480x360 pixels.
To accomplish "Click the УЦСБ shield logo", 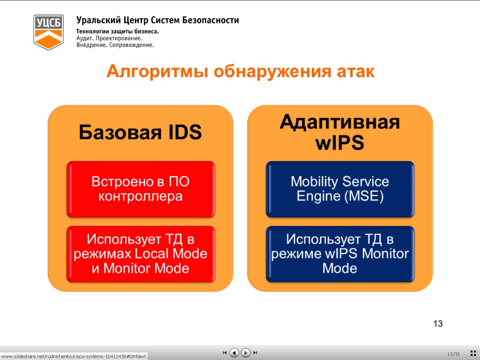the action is point(48,32).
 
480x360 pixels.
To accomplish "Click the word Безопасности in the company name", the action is point(211,20).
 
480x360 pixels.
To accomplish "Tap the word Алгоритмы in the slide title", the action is point(157,71).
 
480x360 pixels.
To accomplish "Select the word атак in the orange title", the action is point(355,72).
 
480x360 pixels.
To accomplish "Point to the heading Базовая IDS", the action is point(140,132).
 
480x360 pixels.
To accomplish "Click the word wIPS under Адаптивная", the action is point(340,142).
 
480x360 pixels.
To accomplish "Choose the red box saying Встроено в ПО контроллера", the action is point(141,189).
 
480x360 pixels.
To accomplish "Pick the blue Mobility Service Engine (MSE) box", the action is point(340,189).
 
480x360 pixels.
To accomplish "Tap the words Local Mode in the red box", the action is point(171,253).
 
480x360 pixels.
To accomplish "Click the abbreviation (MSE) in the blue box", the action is point(364,196).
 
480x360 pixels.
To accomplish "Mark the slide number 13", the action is point(438,324).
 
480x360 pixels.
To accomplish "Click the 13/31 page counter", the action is point(453,354).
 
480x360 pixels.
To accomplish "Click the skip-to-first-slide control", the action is point(225,352).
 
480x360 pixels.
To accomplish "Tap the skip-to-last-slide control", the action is point(255,352).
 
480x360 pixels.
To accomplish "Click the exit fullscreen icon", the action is point(473,353).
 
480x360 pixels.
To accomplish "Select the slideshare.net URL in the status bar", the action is point(73,357).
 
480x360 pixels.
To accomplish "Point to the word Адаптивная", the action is point(340,122).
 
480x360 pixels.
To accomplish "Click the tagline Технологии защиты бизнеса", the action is point(118,31).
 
